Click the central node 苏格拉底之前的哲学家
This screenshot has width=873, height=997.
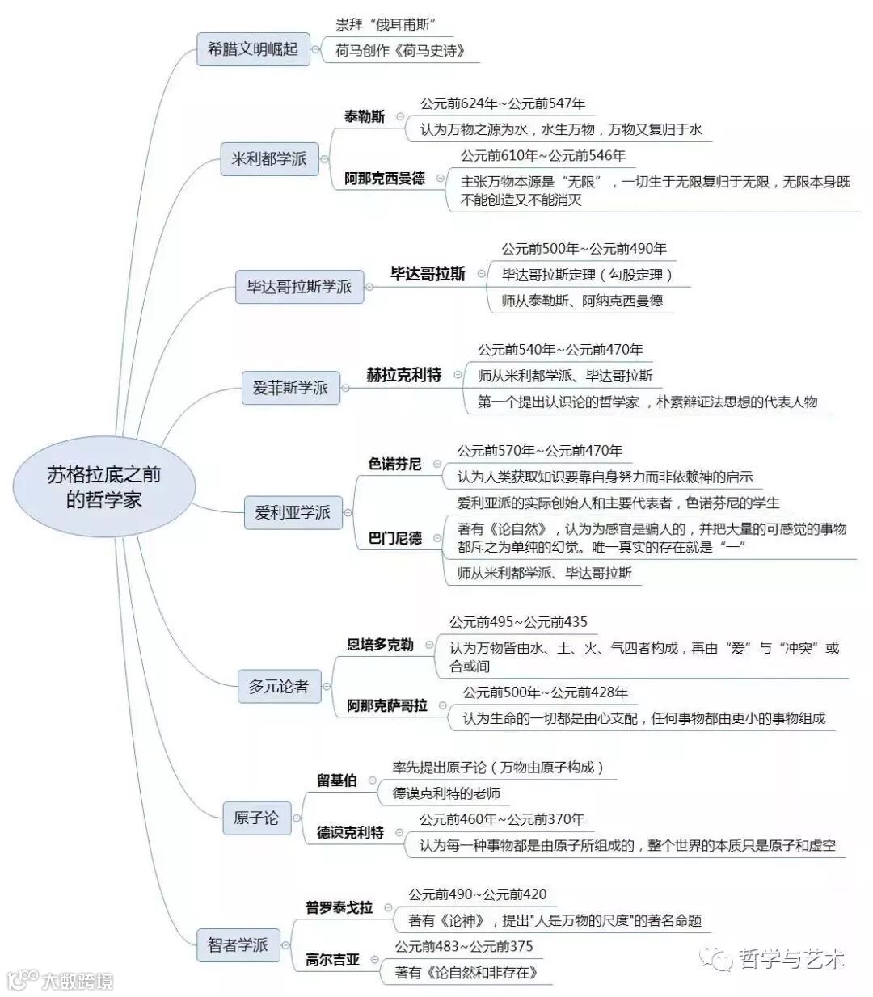pos(103,487)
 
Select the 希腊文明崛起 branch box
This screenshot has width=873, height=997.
pos(253,49)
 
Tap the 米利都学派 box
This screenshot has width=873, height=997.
pos(269,158)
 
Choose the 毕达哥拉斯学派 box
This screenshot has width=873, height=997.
pos(299,286)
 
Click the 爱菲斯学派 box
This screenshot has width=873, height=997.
pos(290,388)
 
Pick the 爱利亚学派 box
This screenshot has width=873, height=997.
pos(292,512)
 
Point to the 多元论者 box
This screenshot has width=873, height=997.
pos(278,686)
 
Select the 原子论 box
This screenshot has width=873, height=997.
pos(255,818)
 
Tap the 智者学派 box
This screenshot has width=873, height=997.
pos(237,944)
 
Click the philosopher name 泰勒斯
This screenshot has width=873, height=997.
pos(365,116)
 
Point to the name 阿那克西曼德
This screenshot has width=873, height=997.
pos(385,179)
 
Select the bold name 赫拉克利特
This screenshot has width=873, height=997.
pos(404,375)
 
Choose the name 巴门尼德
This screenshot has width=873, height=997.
pos(395,538)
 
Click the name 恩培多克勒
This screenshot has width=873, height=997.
pos(380,645)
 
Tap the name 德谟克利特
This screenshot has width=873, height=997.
pos(350,833)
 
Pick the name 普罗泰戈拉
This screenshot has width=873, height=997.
pos(339,907)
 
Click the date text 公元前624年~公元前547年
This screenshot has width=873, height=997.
pos(503,103)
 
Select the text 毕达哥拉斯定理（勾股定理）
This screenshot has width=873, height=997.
pos(587,275)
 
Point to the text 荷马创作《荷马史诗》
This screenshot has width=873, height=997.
pos(401,51)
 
